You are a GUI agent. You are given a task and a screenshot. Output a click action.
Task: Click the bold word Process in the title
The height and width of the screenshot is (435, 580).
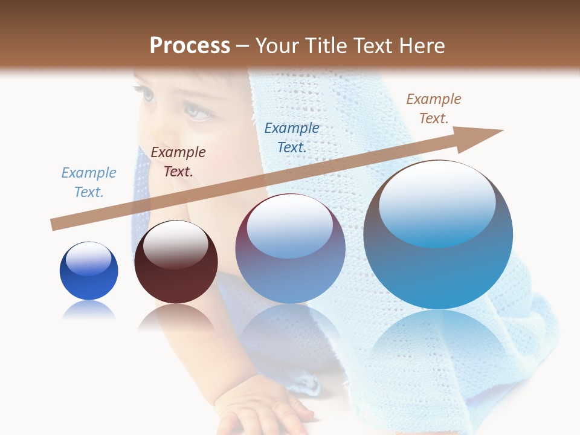(x=190, y=46)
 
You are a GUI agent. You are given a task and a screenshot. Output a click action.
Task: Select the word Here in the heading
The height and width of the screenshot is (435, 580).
(x=423, y=46)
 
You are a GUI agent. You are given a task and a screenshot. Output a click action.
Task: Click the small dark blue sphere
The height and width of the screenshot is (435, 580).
(x=89, y=271)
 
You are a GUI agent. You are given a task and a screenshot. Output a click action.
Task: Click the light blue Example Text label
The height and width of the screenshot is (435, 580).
(x=89, y=182)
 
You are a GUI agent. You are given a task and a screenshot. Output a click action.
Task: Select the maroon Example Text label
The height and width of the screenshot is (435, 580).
(x=178, y=162)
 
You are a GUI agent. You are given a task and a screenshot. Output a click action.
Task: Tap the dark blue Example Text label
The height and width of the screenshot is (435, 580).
(x=292, y=137)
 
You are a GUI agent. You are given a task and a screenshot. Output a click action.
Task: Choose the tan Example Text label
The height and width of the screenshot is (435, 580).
(x=434, y=109)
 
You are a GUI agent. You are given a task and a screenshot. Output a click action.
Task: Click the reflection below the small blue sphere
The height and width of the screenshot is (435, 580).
(x=89, y=311)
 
